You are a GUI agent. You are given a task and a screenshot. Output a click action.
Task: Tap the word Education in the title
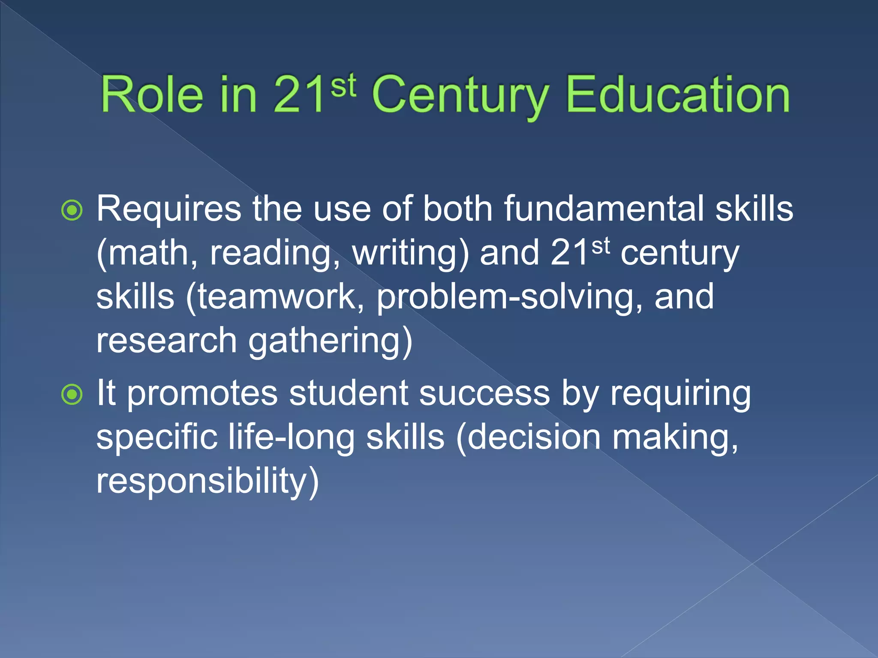coord(678,95)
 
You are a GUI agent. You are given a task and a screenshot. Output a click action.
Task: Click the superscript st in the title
coord(343,85)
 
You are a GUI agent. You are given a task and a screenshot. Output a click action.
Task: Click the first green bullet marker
coord(72,210)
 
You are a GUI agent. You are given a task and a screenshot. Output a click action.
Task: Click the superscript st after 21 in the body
coord(600,246)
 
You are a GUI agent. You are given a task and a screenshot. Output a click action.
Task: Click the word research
coord(166,341)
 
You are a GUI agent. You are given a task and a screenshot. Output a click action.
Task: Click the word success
coord(484,393)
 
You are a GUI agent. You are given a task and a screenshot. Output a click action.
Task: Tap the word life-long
coord(291,437)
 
